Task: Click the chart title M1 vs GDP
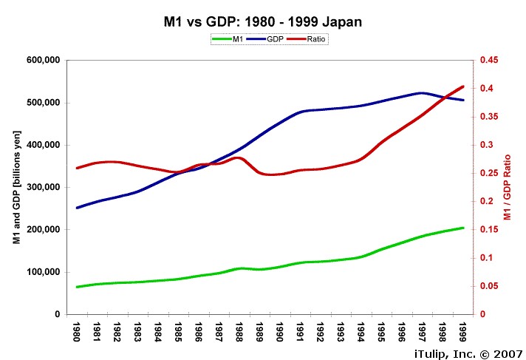[x=262, y=22]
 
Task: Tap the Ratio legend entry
[x=309, y=39]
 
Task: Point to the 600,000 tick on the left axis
[x=44, y=61]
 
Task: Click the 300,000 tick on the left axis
[x=44, y=188]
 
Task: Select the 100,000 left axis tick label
[x=44, y=272]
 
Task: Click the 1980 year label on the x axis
[x=78, y=330]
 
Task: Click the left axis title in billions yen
[x=16, y=187]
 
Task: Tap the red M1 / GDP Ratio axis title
[x=508, y=187]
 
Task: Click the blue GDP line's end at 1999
[x=463, y=100]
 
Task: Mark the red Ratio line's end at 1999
[x=463, y=86]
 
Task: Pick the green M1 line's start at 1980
[x=78, y=287]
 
